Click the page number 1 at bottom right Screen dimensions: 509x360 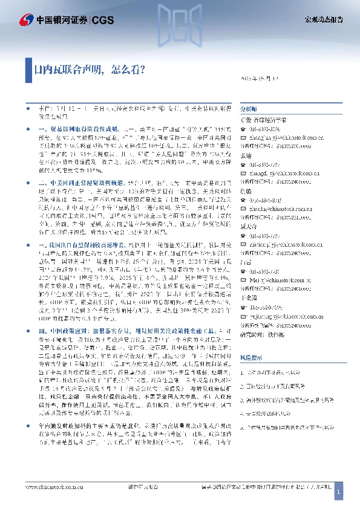click(x=339, y=494)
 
